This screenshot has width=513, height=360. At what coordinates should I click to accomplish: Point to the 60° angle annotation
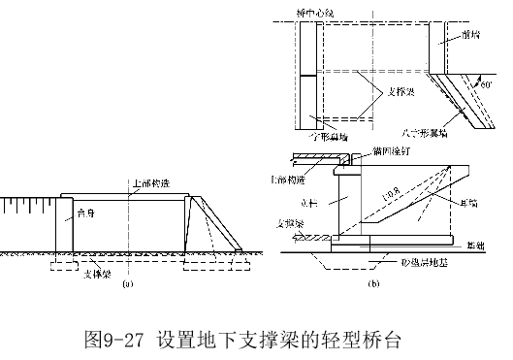click(x=487, y=84)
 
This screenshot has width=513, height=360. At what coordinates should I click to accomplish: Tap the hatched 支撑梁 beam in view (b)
click(x=310, y=239)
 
